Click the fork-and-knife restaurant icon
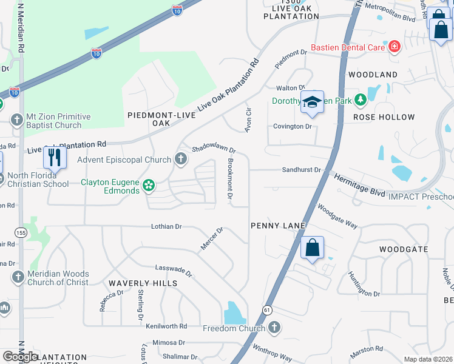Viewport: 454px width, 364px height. pos(55,158)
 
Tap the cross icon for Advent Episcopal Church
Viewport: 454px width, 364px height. pos(180,160)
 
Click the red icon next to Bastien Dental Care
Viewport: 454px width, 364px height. pos(394,47)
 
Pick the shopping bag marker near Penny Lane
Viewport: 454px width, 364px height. pos(312,248)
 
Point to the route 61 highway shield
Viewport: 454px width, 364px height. pos(267,310)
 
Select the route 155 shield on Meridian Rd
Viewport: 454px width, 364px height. pos(19,232)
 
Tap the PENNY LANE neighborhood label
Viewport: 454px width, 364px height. pos(277,226)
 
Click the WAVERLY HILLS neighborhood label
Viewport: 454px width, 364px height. pos(143,283)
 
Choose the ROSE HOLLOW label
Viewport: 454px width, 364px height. pos(384,117)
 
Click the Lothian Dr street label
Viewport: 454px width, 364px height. pos(166,226)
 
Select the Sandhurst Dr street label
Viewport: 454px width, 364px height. pos(300,170)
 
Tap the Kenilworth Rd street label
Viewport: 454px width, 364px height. pos(166,326)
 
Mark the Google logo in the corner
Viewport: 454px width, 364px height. pos(21,357)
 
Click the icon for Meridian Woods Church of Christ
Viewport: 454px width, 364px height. pos(18,277)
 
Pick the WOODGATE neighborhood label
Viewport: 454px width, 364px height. pos(404,249)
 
